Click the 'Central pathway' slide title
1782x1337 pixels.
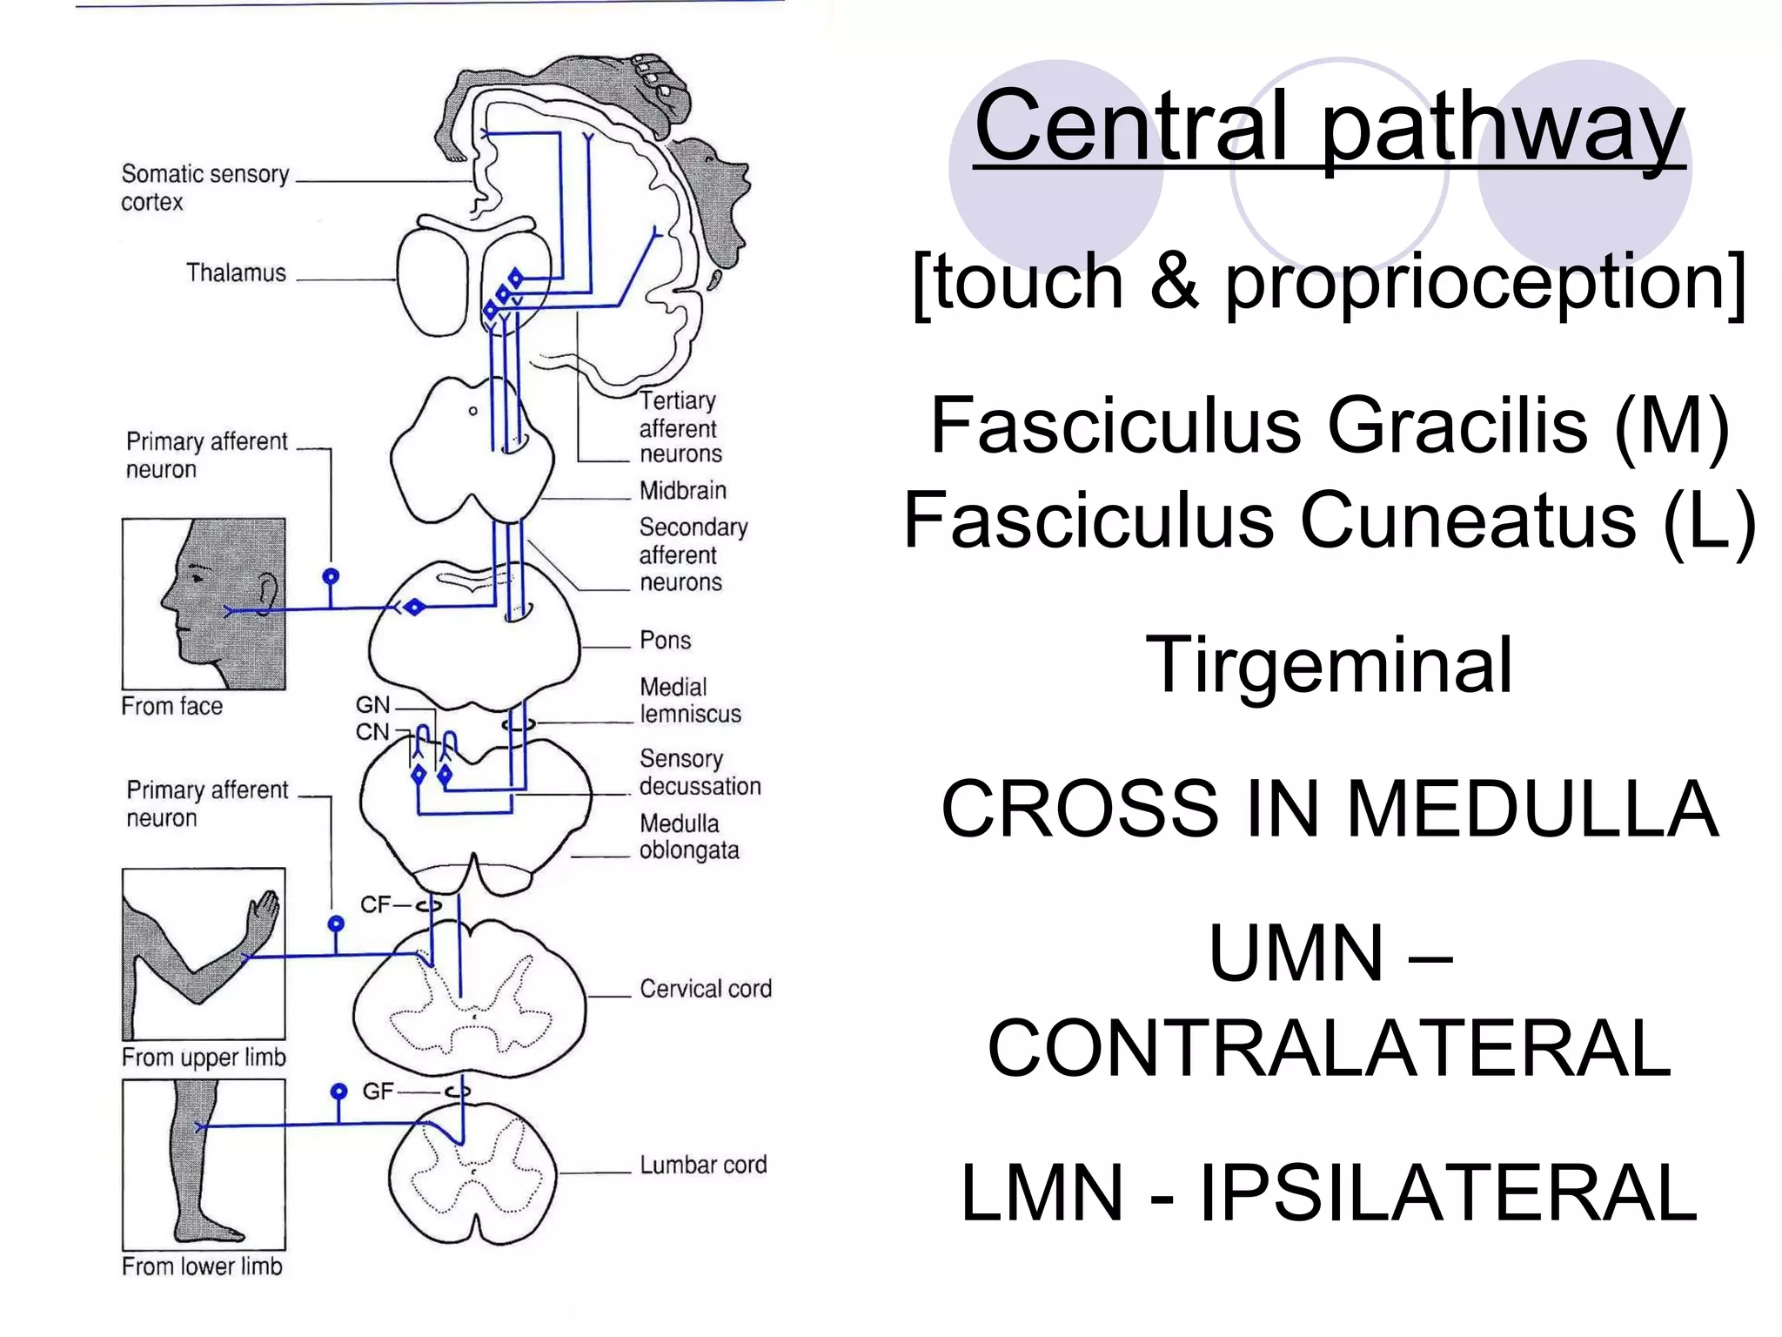pyautogui.click(x=1329, y=126)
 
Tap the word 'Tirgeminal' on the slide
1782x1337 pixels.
pyautogui.click(x=1329, y=665)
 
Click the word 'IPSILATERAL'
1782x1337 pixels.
pyautogui.click(x=1449, y=1193)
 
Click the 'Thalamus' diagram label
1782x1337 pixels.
pyautogui.click(x=236, y=273)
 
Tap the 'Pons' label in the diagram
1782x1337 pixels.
pyautogui.click(x=665, y=641)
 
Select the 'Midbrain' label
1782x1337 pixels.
pyautogui.click(x=682, y=491)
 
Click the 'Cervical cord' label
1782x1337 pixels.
pyautogui.click(x=705, y=990)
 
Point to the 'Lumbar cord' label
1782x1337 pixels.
pyautogui.click(x=703, y=1166)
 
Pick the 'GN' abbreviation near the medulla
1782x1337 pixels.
pyautogui.click(x=372, y=705)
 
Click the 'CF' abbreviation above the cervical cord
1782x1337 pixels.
pyautogui.click(x=375, y=905)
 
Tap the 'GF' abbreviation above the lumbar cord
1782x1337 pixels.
pyautogui.click(x=378, y=1092)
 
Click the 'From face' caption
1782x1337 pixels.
pyautogui.click(x=171, y=706)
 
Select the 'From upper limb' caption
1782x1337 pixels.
pyautogui.click(x=204, y=1058)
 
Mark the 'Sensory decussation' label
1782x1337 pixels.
pyautogui.click(x=699, y=773)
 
